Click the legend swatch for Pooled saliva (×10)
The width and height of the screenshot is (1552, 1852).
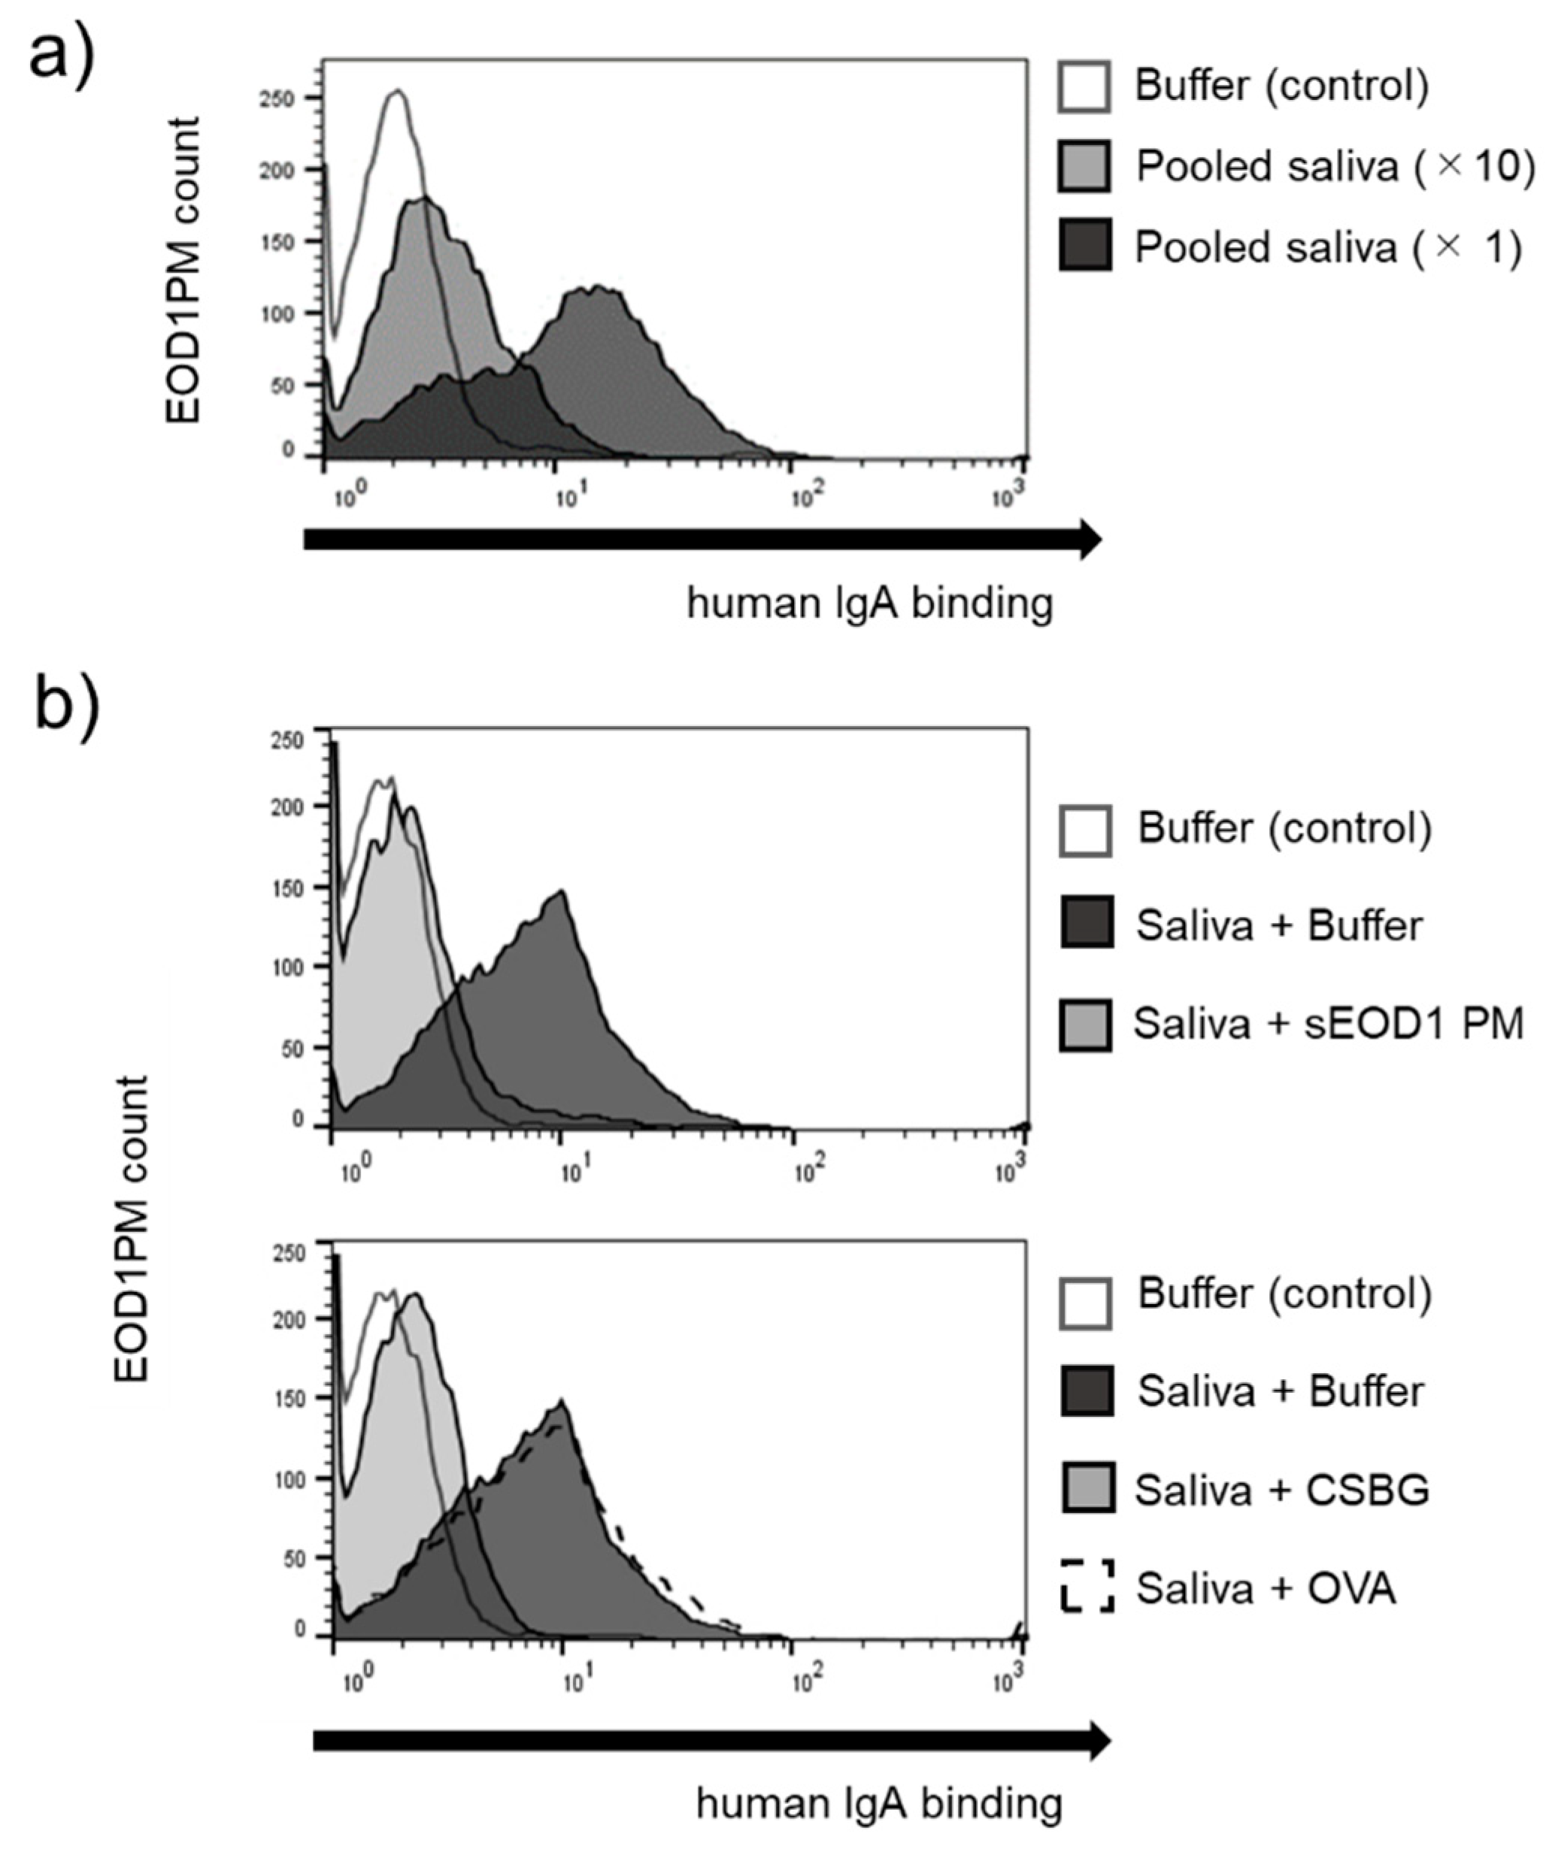(1084, 166)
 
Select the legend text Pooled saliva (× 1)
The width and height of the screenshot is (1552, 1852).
(1328, 248)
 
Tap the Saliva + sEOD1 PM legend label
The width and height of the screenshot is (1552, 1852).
(1328, 1024)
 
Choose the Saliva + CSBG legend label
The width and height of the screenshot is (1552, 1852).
(1281, 1490)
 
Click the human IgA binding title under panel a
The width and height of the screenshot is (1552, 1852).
(870, 606)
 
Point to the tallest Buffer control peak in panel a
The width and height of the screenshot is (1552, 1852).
(397, 91)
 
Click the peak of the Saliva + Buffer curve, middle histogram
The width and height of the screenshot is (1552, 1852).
(561, 891)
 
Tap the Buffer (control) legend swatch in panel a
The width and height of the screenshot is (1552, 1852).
(1084, 86)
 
